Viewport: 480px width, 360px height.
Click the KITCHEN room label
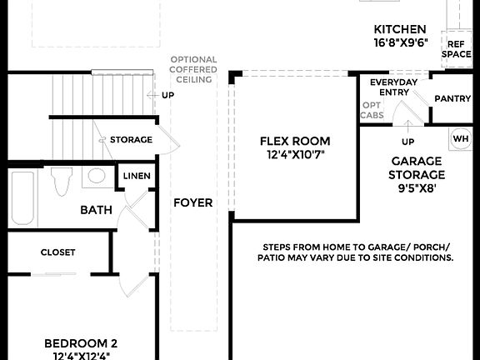click(400, 28)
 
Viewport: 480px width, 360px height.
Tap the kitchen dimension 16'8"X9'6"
click(400, 42)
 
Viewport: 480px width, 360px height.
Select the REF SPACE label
click(456, 49)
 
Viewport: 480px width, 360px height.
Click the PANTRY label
click(452, 98)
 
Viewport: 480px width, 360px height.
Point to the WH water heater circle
click(461, 137)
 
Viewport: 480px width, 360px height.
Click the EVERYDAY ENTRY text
click(395, 87)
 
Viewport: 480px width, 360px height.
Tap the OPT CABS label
click(372, 110)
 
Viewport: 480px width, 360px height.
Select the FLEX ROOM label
click(295, 141)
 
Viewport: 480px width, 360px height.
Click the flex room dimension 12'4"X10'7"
click(295, 155)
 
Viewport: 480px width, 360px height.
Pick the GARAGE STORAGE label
click(417, 168)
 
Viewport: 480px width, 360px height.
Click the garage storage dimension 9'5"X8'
click(417, 188)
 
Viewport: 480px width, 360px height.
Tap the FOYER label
click(192, 202)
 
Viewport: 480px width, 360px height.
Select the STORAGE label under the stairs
click(131, 139)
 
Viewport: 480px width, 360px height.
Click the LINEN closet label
click(137, 176)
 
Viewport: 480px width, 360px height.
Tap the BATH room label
click(96, 210)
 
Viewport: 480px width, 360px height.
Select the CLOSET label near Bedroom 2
click(57, 252)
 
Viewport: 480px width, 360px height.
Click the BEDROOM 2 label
click(80, 342)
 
